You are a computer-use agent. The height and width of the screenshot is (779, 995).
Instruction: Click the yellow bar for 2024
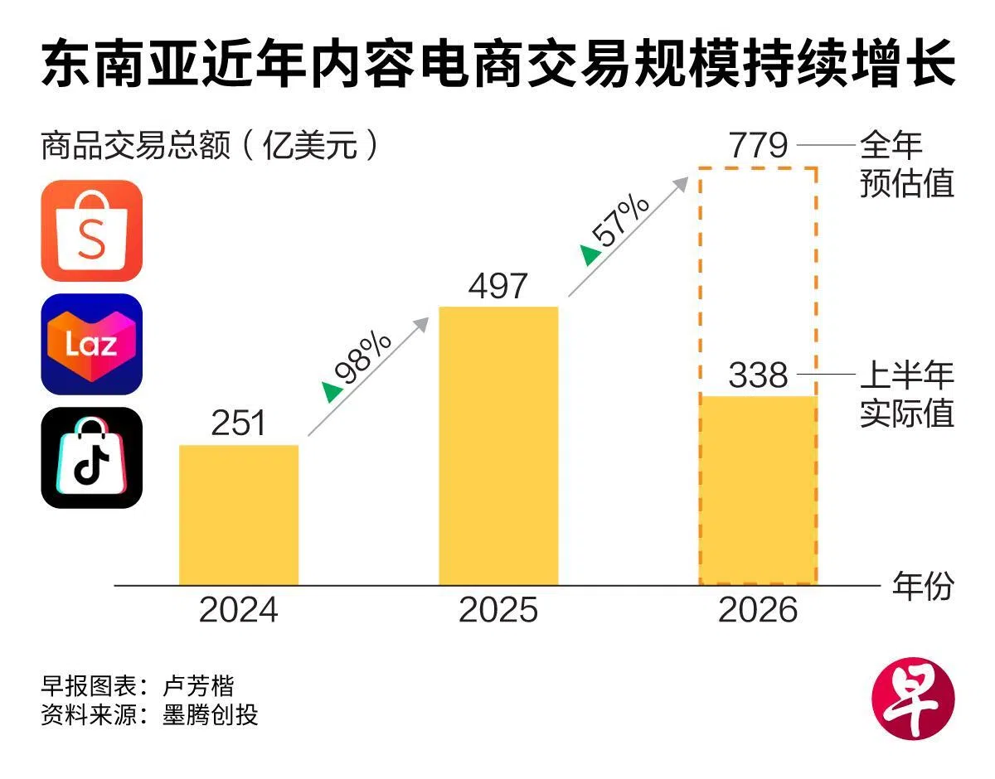(239, 515)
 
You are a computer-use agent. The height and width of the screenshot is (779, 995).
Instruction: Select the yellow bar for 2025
(498, 446)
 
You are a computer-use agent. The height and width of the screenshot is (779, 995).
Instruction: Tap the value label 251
(239, 423)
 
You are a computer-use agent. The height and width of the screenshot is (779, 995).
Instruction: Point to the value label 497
(498, 287)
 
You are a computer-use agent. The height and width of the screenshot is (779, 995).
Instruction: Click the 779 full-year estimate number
(758, 146)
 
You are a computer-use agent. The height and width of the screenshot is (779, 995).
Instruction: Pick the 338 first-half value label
(758, 375)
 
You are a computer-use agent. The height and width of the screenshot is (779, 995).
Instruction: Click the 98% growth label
(363, 357)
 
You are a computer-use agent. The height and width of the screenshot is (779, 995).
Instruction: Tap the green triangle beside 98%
(332, 392)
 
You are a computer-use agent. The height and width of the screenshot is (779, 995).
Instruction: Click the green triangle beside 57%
(590, 255)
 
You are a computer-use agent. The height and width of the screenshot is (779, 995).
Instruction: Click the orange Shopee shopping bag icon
(91, 230)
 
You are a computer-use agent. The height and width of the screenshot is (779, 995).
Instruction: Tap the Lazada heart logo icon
(91, 344)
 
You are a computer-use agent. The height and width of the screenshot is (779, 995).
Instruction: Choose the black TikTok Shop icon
(91, 457)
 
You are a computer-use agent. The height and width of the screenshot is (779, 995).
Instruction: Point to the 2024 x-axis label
(239, 610)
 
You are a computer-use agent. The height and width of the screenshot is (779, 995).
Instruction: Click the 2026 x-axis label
(758, 610)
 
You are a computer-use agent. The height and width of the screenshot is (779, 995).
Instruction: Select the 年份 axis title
(923, 586)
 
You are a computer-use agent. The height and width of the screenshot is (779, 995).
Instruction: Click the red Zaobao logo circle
(913, 699)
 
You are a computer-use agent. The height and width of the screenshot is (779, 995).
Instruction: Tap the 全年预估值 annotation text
(906, 164)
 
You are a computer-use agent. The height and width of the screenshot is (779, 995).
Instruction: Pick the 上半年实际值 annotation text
(906, 394)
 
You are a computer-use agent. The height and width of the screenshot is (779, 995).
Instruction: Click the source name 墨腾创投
(210, 714)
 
